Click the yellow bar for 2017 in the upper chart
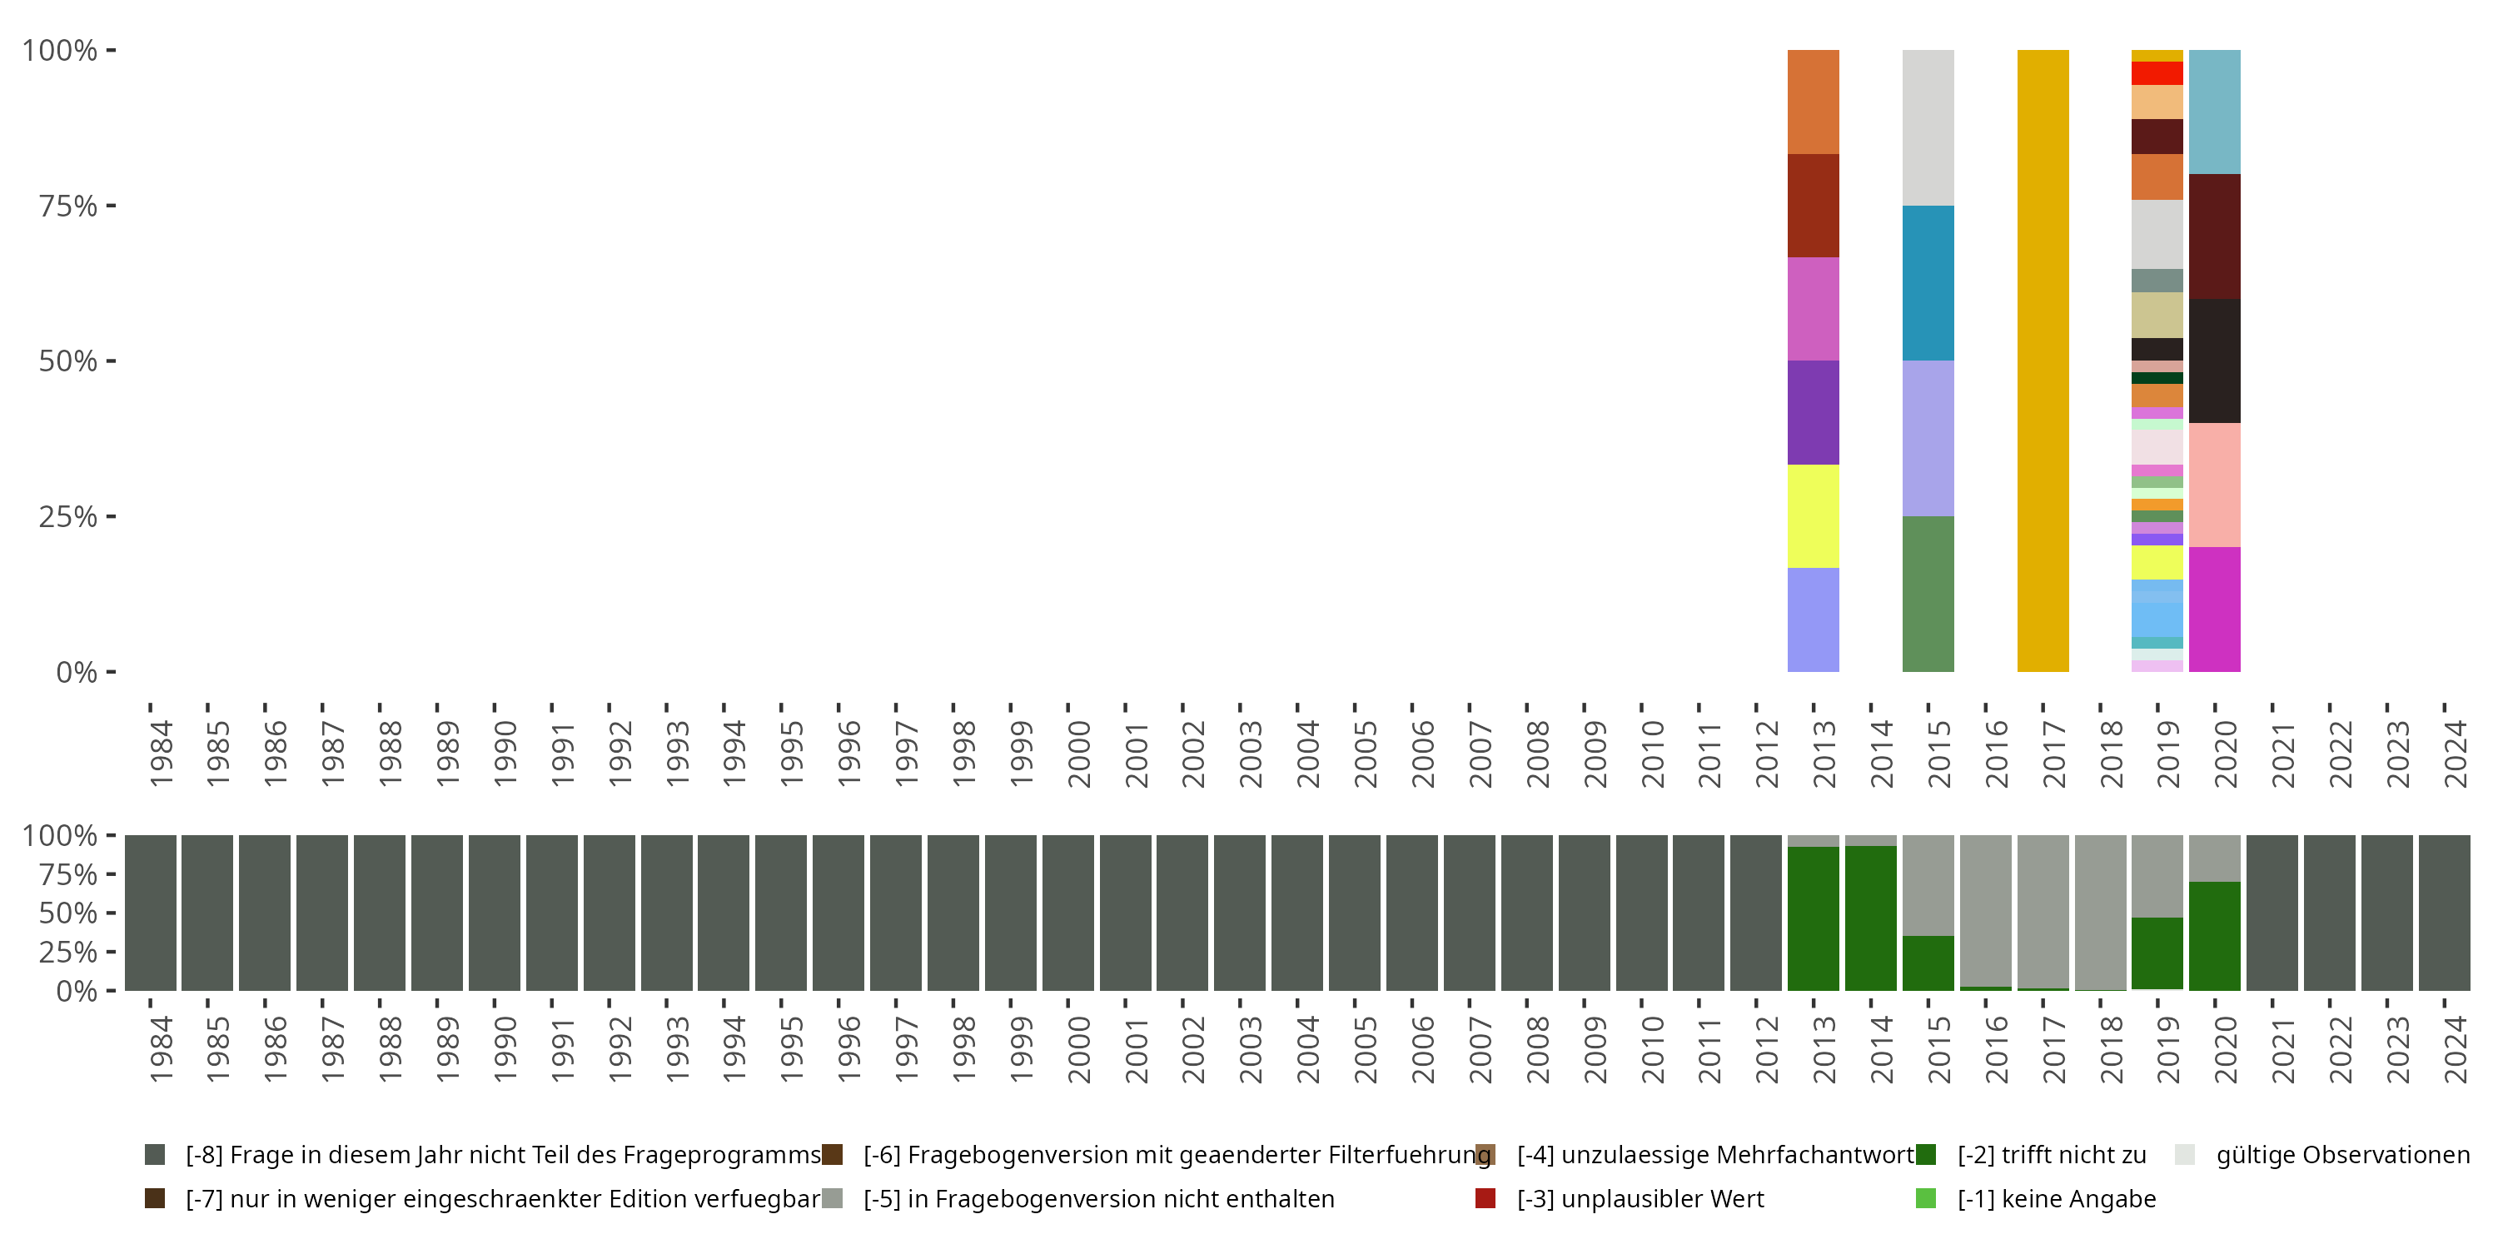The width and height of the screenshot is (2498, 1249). pyautogui.click(x=2043, y=361)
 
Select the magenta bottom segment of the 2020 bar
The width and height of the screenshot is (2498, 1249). pyautogui.click(x=2214, y=609)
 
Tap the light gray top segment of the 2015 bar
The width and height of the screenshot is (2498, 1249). pyautogui.click(x=1928, y=127)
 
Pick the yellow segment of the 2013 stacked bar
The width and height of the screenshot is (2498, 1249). pyautogui.click(x=1813, y=516)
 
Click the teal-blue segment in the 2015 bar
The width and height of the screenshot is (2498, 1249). pyautogui.click(x=1928, y=282)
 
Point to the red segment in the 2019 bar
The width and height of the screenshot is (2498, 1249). pyautogui.click(x=2157, y=72)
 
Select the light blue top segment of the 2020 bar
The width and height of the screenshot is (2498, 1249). pyautogui.click(x=2214, y=112)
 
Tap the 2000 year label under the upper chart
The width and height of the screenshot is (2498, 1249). pyautogui.click(x=1078, y=754)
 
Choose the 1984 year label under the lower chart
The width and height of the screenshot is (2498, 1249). pyautogui.click(x=161, y=1049)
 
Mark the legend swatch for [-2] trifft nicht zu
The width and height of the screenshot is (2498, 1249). pyautogui.click(x=1926, y=1154)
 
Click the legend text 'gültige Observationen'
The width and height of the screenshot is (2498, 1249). pyautogui.click(x=2341, y=1154)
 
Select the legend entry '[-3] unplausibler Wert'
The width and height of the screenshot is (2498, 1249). pyautogui.click(x=1640, y=1198)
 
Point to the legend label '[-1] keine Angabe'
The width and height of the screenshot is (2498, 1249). pyautogui.click(x=2056, y=1198)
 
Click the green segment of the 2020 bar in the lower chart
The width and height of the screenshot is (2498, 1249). pyautogui.click(x=2214, y=936)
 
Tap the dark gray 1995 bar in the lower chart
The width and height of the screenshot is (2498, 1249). pyautogui.click(x=781, y=913)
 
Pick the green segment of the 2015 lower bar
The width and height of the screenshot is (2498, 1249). pyautogui.click(x=1928, y=963)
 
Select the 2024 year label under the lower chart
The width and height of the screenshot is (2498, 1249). pyautogui.click(x=2455, y=1049)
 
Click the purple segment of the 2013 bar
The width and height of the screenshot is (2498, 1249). pyautogui.click(x=1813, y=412)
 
